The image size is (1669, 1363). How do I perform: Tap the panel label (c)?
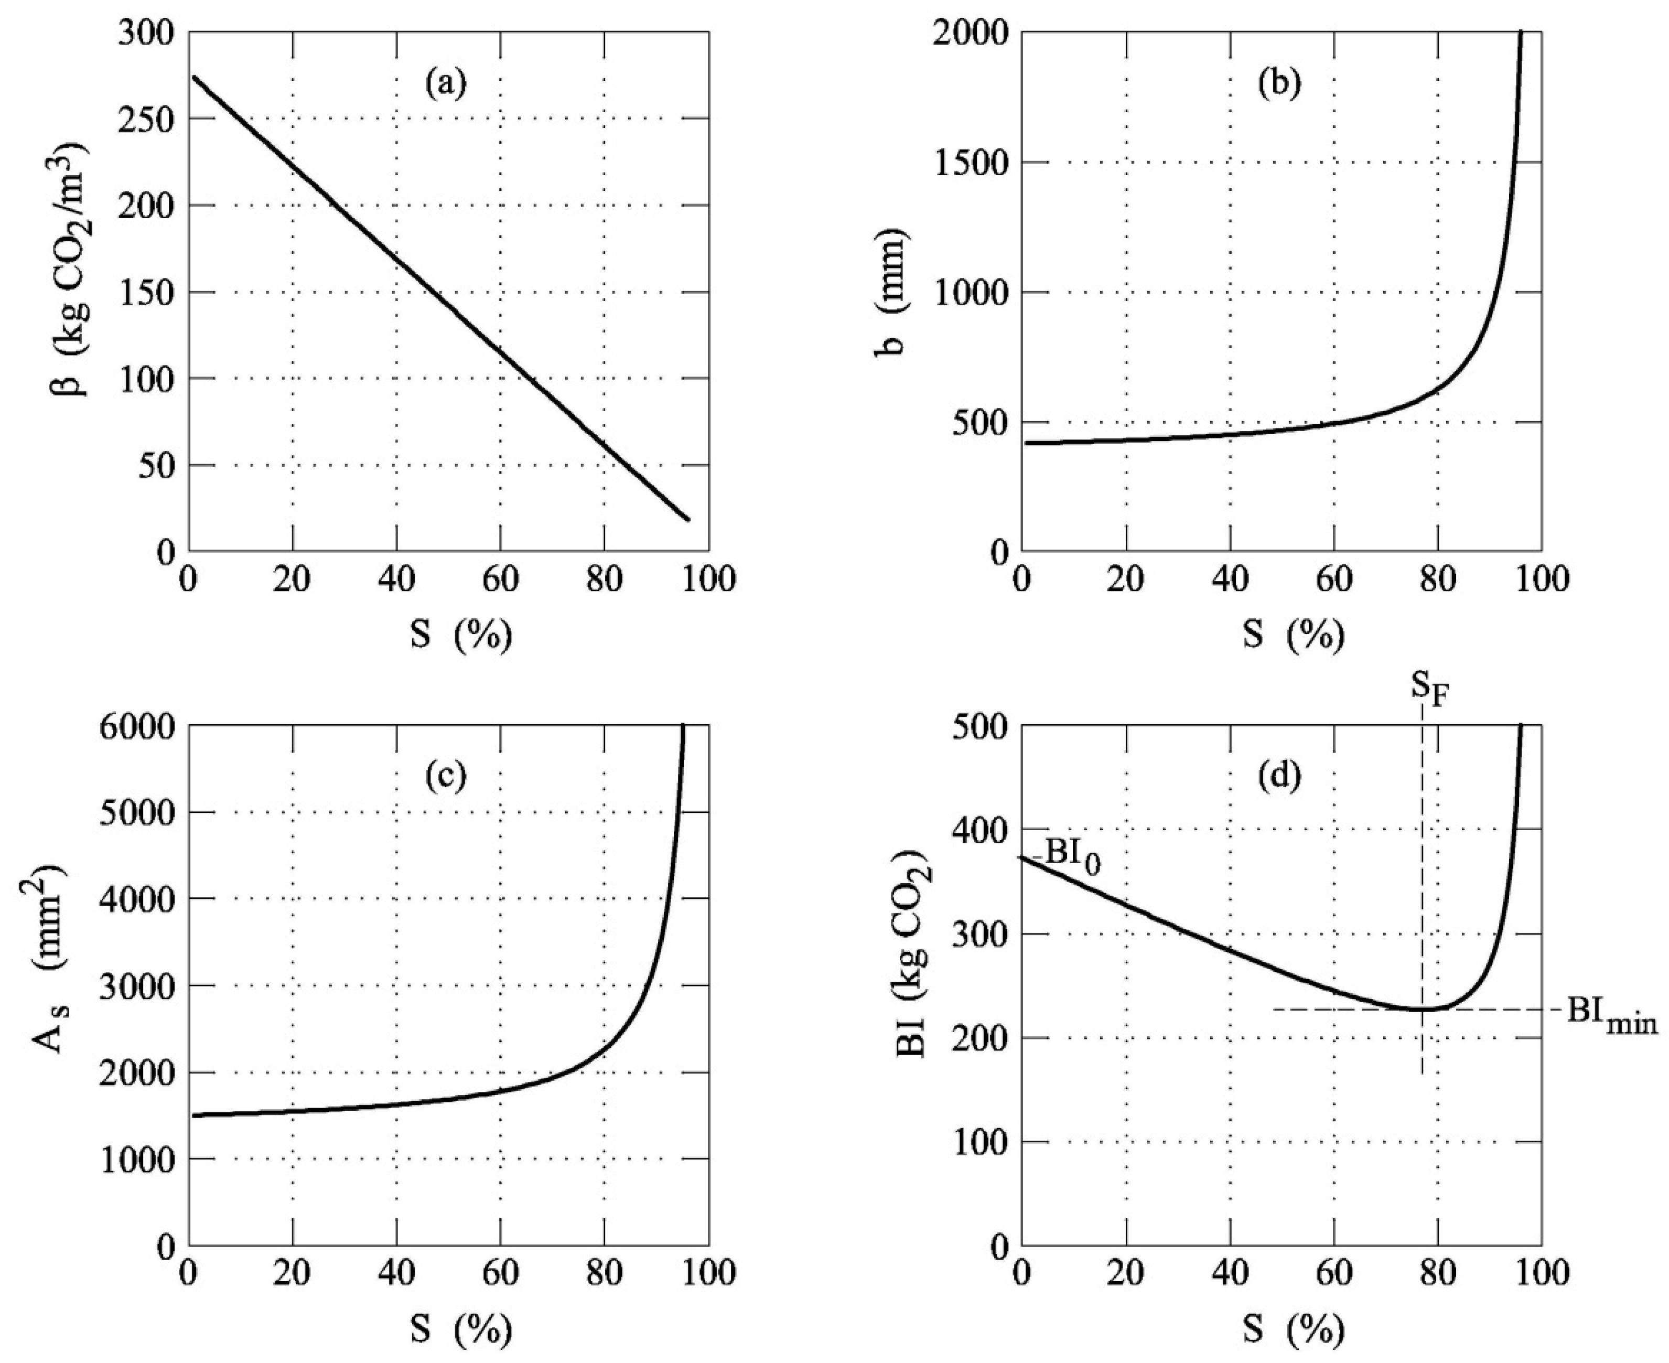coord(446,776)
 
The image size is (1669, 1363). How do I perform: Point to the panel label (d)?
coord(1279,776)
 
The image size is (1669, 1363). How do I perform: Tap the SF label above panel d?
coord(1428,689)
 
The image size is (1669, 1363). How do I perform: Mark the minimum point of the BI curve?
coord(1421,1009)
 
